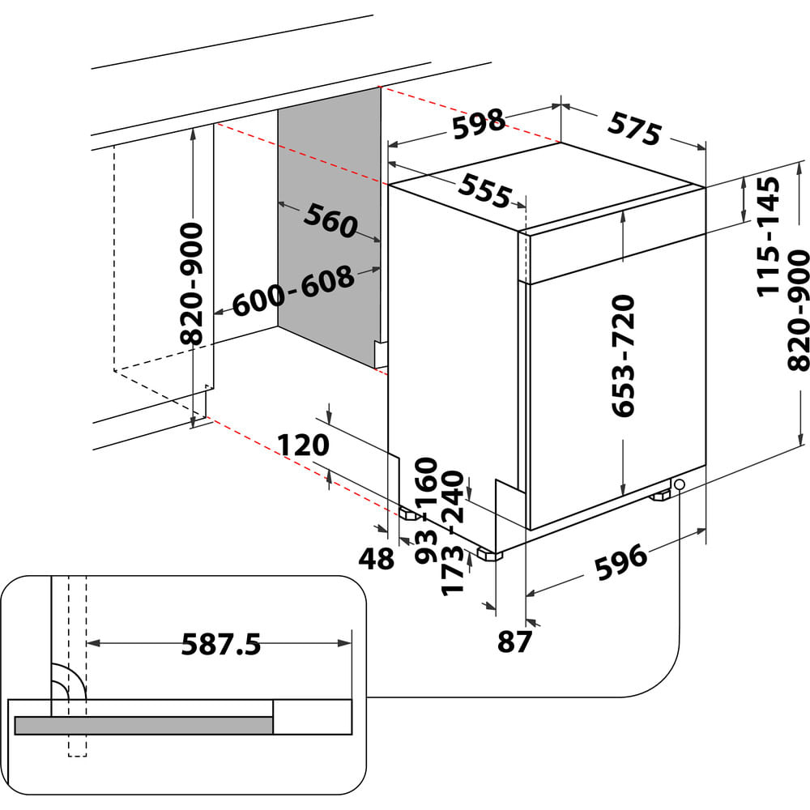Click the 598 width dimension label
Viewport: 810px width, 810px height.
479,123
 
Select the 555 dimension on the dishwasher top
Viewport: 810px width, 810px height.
485,190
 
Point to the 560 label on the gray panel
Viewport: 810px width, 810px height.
330,220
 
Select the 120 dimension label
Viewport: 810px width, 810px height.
304,445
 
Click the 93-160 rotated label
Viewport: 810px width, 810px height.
426,510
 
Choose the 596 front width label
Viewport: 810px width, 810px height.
621,563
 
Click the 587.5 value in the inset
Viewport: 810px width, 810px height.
220,645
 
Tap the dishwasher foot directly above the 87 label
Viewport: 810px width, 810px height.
489,555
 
